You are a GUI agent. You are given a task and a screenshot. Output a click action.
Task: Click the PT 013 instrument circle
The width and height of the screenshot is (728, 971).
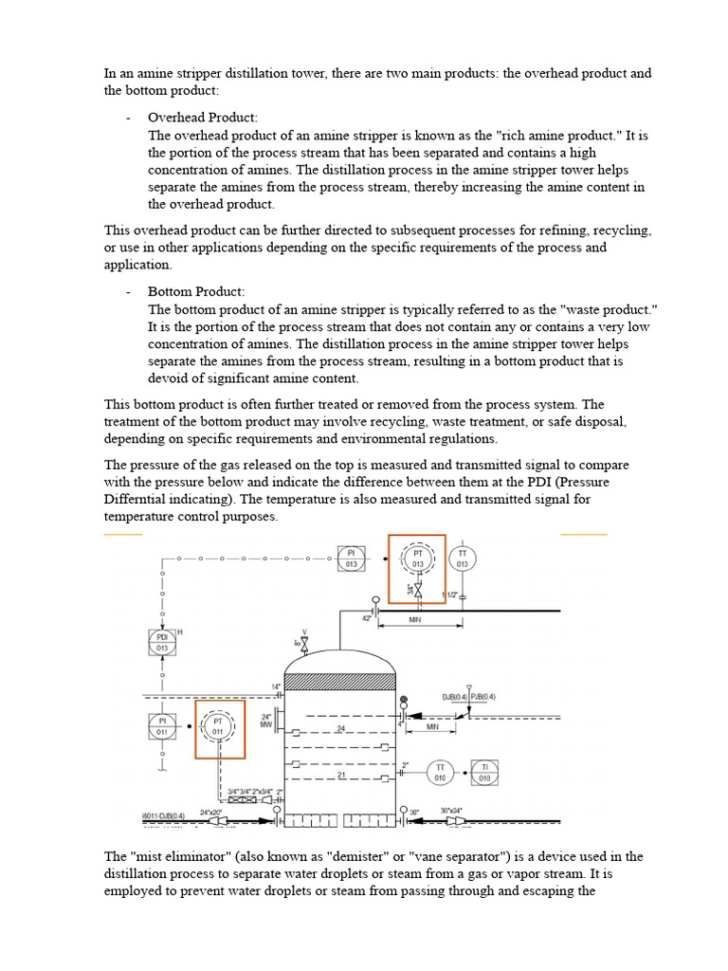click(418, 559)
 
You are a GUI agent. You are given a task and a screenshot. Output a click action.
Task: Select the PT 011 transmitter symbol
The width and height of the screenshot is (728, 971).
click(218, 727)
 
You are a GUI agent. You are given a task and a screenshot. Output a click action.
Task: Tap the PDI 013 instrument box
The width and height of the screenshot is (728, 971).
click(161, 643)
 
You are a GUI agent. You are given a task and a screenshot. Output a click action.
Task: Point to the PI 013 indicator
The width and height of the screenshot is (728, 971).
click(351, 559)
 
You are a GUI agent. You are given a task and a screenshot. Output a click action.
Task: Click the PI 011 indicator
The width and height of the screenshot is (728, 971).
click(161, 727)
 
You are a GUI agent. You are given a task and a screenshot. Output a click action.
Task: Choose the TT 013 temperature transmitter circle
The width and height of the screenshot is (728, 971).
click(463, 559)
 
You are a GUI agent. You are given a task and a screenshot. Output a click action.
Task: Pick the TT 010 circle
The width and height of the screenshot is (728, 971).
click(440, 773)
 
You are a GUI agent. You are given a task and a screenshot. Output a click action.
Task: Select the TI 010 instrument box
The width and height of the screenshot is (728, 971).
click(484, 773)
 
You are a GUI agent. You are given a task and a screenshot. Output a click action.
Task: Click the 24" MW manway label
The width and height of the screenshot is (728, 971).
click(266, 723)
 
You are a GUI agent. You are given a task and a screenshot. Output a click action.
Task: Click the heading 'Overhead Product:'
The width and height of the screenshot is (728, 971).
click(203, 118)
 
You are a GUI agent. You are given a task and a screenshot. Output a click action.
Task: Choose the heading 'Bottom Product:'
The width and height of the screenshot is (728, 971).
click(196, 291)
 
